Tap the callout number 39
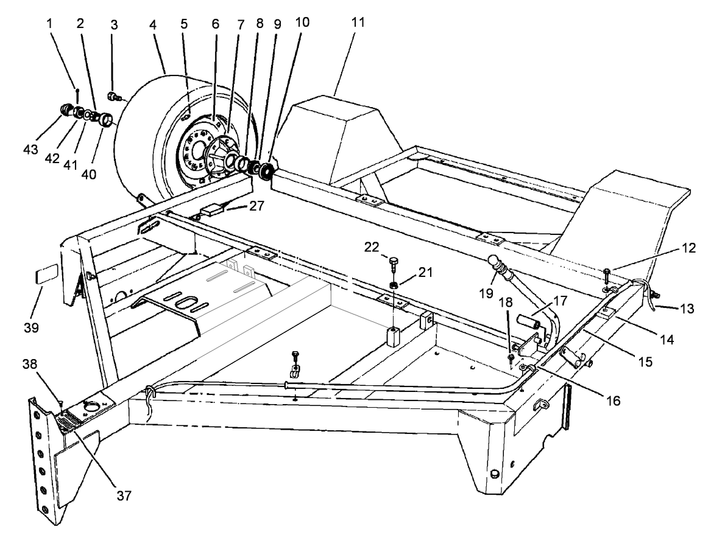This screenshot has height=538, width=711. (31, 327)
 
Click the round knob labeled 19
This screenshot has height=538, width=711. (494, 261)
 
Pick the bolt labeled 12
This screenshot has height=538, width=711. (607, 274)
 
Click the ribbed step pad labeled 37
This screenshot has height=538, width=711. (68, 420)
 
